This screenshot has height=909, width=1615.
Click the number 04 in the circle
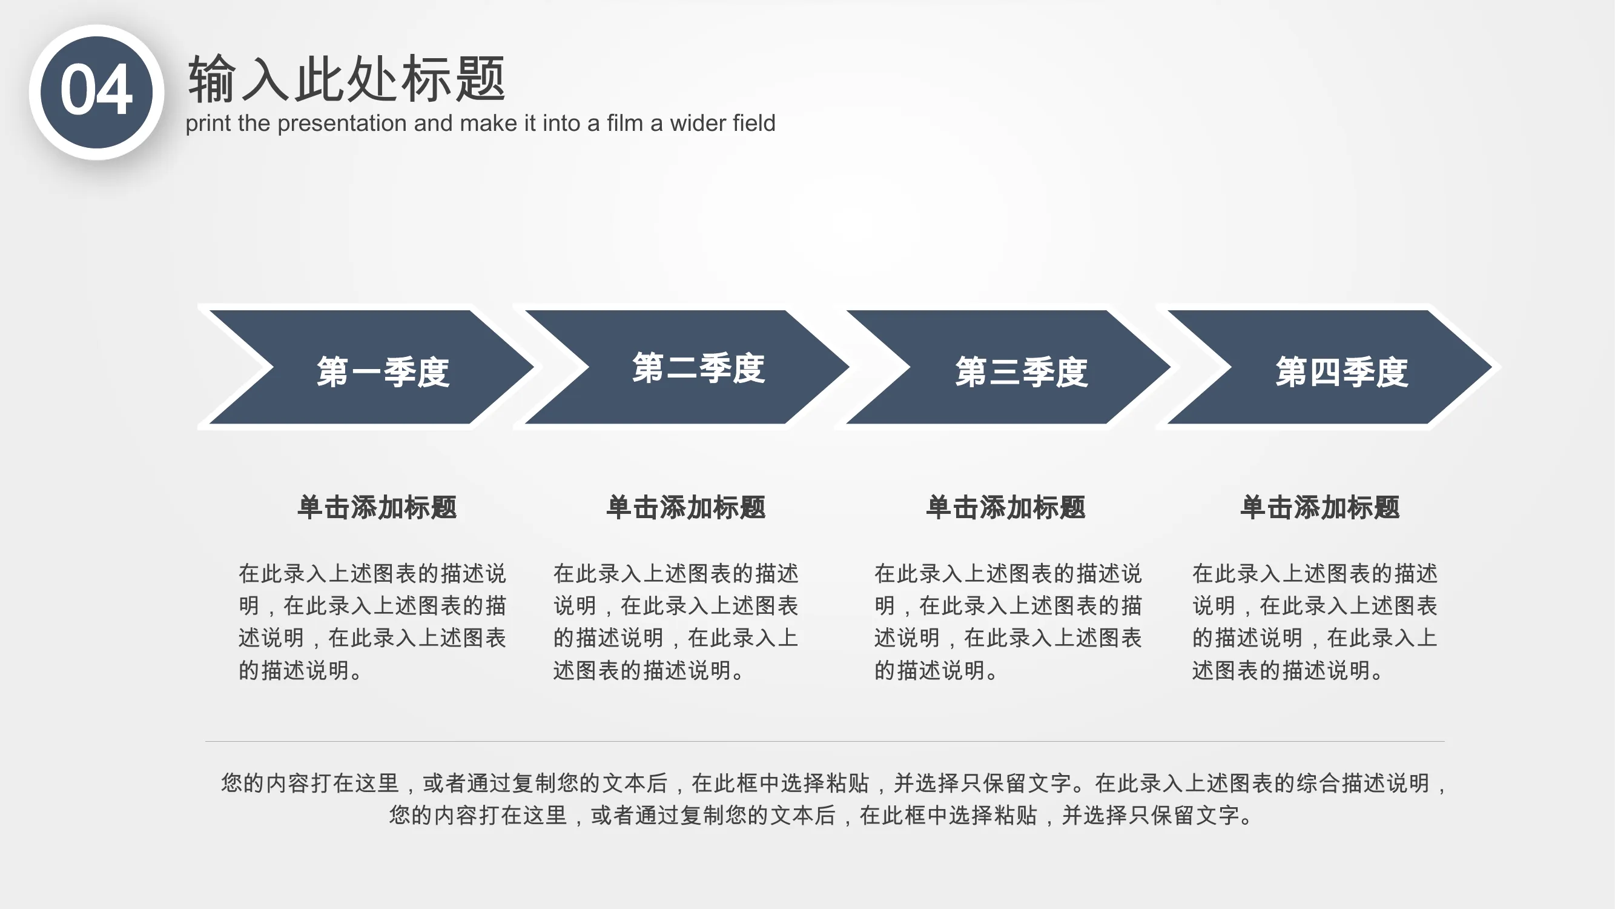tap(96, 92)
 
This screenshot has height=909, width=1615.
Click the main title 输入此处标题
tap(347, 78)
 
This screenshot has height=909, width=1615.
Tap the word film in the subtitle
tap(626, 123)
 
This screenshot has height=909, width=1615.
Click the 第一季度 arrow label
tap(383, 371)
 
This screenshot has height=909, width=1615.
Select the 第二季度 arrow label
tap(698, 368)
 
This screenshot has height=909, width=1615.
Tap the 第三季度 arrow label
tap(1022, 371)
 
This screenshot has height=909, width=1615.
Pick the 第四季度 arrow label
tap(1342, 371)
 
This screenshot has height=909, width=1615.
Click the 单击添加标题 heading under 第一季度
tap(377, 507)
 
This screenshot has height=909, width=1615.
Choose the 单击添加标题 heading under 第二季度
tap(686, 507)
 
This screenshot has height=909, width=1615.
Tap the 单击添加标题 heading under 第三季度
tap(1006, 507)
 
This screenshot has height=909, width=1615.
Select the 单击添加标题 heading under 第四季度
tap(1319, 507)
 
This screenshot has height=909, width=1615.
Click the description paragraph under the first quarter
tap(372, 622)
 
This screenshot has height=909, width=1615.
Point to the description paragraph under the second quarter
tap(675, 622)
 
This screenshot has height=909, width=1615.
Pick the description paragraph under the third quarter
tap(1008, 622)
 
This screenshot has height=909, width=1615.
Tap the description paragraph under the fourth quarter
tap(1314, 622)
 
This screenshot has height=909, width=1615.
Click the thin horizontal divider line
tap(824, 741)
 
